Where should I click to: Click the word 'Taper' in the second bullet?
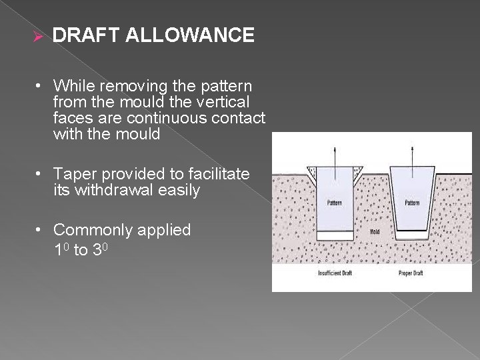tap(75, 174)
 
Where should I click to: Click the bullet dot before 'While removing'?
tap(41, 86)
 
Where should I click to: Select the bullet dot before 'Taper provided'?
tap(41, 174)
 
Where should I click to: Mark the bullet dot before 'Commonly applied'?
tap(41, 230)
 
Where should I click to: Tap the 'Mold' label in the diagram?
tap(375, 232)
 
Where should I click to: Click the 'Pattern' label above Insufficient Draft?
tap(335, 202)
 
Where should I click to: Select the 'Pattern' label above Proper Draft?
tap(413, 202)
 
